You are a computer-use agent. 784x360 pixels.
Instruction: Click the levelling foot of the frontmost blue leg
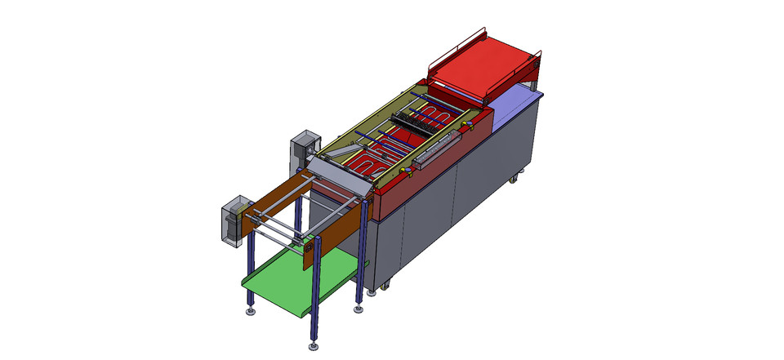click(x=314, y=347)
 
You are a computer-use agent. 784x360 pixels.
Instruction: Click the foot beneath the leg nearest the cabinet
click(x=358, y=309)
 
